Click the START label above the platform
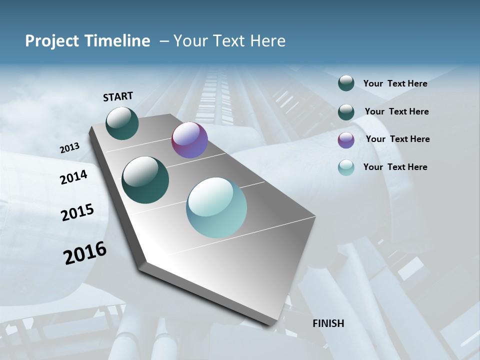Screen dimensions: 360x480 pyautogui.click(x=118, y=96)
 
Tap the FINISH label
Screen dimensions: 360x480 pyautogui.click(x=328, y=323)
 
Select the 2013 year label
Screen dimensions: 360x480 pyautogui.click(x=69, y=148)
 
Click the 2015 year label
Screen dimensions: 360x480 pyautogui.click(x=77, y=212)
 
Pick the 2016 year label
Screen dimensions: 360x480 pyautogui.click(x=85, y=252)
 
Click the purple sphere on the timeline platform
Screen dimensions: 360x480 pyautogui.click(x=189, y=140)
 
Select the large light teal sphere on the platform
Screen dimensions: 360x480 pyautogui.click(x=216, y=207)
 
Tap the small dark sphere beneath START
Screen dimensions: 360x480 pyautogui.click(x=122, y=123)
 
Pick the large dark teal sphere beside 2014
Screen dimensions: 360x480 pyautogui.click(x=145, y=180)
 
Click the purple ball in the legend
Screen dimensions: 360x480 pyautogui.click(x=346, y=140)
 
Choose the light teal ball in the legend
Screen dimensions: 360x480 pyautogui.click(x=346, y=167)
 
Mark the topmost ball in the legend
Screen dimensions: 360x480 pyautogui.click(x=346, y=83)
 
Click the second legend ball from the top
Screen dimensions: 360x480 pyautogui.click(x=346, y=112)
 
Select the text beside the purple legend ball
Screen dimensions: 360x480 pyautogui.click(x=397, y=139)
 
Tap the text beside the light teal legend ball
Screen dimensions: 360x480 pyautogui.click(x=395, y=167)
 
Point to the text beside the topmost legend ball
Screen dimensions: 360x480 pyautogui.click(x=395, y=83)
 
